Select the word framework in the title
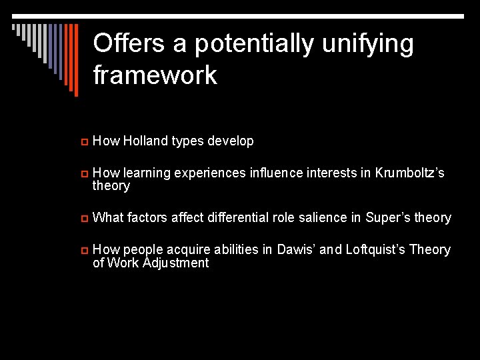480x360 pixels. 155,75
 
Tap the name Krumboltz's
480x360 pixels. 409,173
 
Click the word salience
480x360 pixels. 326,218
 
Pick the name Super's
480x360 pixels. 381,218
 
